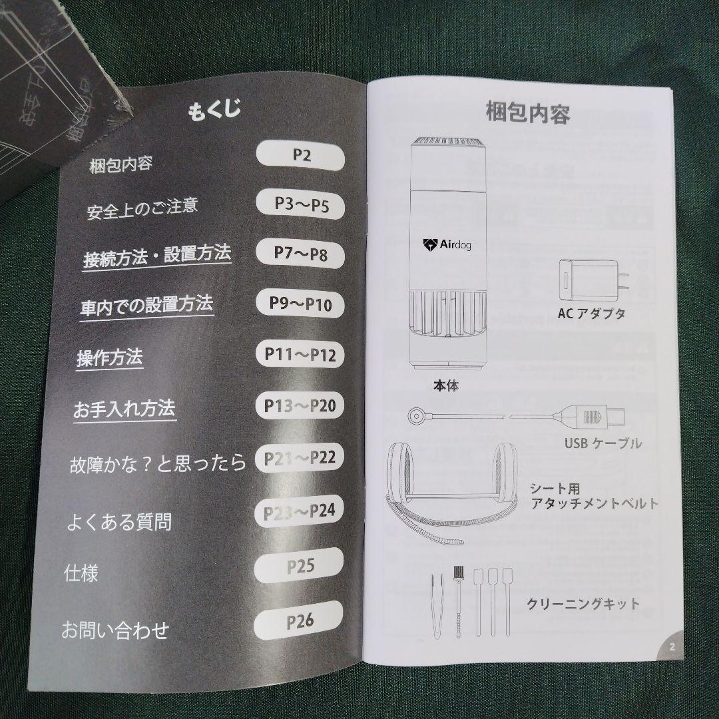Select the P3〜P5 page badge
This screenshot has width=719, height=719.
[302, 205]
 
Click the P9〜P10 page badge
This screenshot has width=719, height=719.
[300, 304]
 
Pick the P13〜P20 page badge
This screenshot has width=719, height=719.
[300, 405]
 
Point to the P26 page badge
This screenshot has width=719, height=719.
[300, 622]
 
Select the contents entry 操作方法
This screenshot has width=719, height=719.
[110, 358]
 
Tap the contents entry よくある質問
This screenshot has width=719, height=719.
[119, 521]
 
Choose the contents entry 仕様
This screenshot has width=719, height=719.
[81, 573]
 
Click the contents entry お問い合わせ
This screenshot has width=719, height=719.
[115, 630]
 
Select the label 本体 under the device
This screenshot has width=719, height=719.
[445, 385]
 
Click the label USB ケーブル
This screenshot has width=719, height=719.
[602, 443]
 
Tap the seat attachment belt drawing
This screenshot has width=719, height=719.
[450, 489]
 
